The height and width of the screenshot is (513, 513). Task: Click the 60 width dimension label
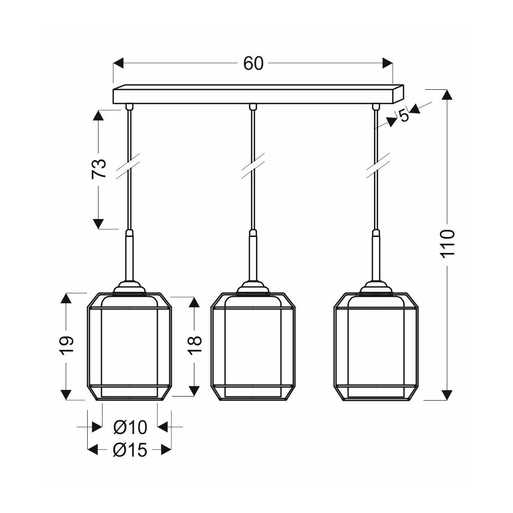tap(253, 64)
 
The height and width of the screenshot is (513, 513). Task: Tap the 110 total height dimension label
tap(447, 243)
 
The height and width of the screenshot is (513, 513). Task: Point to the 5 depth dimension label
tap(404, 115)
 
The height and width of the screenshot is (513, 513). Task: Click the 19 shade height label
tap(67, 345)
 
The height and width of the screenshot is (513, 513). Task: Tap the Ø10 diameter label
tap(130, 427)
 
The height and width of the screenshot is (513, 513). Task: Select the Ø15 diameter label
tap(130, 450)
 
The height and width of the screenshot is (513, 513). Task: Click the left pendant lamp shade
tap(129, 346)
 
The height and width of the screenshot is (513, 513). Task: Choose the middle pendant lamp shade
tap(253, 346)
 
